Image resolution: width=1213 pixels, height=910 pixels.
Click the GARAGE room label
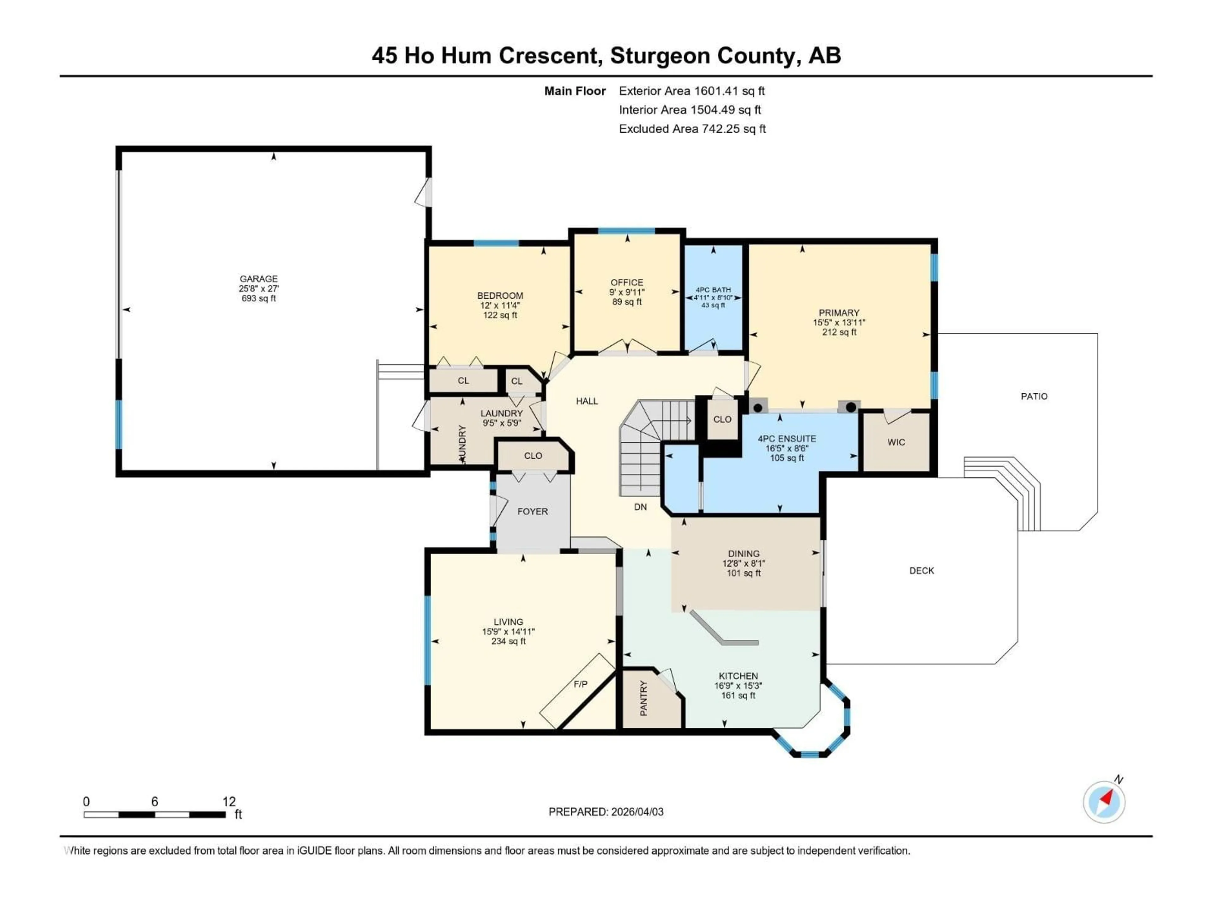coord(258,279)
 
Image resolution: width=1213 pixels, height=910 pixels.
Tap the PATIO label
coord(1034,396)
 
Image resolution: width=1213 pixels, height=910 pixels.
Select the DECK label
coord(921,570)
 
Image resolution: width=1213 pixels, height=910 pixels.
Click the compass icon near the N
coord(1104,802)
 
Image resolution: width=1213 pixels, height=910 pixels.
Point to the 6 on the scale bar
coord(155,801)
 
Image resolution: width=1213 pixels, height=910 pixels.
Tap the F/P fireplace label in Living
coord(580,684)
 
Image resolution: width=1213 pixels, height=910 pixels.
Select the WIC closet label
coord(896,442)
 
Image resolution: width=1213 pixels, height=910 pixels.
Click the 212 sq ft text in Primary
coord(839,332)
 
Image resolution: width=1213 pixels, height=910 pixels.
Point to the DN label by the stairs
coord(640,507)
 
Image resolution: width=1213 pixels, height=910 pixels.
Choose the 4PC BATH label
coord(713,290)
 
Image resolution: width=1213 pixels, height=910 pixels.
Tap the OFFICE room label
coord(627,282)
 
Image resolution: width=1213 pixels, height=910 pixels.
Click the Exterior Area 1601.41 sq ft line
coord(691,91)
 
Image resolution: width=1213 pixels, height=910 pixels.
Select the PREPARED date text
coord(606,812)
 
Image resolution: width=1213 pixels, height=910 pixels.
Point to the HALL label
coord(587,401)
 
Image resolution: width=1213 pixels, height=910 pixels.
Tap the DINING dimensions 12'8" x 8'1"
coord(744,563)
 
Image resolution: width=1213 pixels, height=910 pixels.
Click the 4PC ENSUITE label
coord(786,439)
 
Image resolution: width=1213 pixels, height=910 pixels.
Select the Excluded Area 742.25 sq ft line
coord(692,129)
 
